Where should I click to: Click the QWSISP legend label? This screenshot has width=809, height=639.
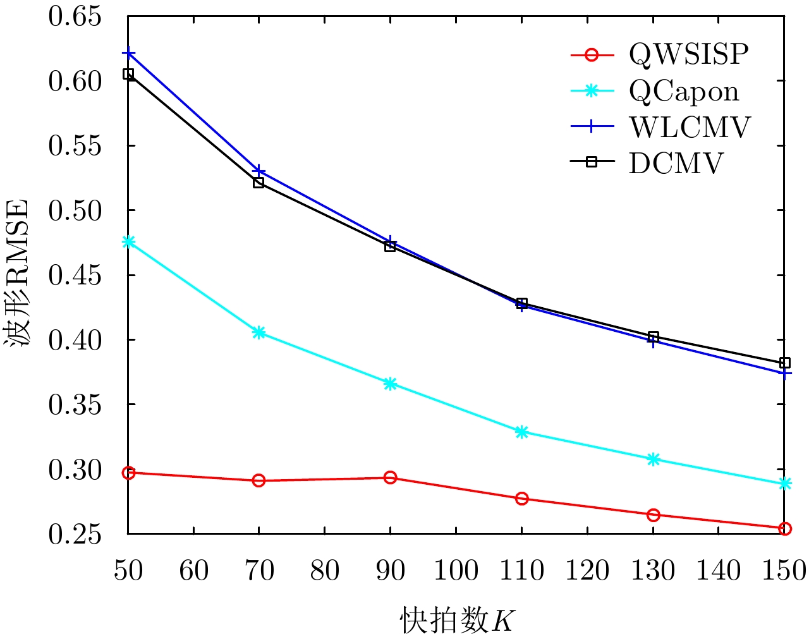pos(688,56)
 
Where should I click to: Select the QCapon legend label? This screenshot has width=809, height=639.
pos(684,92)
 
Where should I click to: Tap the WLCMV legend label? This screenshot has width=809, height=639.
pos(690,128)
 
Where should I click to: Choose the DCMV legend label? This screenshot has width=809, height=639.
pos(676,164)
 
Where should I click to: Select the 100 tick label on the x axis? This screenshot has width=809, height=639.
pos(456,571)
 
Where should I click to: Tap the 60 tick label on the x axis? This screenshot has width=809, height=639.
pos(193,571)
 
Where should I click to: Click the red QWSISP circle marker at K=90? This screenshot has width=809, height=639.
pos(390,477)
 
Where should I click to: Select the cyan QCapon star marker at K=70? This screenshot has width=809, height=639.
pos(259,332)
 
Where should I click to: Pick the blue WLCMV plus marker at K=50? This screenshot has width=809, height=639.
pos(128,52)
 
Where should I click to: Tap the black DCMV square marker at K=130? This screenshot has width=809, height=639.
pos(654,337)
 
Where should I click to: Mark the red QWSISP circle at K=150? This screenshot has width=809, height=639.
pos(785,528)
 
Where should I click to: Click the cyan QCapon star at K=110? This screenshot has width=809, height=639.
pos(521,432)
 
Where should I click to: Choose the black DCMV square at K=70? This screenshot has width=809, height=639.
pos(259,183)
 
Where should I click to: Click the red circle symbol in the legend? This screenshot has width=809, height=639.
pos(592,56)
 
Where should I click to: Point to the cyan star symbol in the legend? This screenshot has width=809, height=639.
pos(592,92)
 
